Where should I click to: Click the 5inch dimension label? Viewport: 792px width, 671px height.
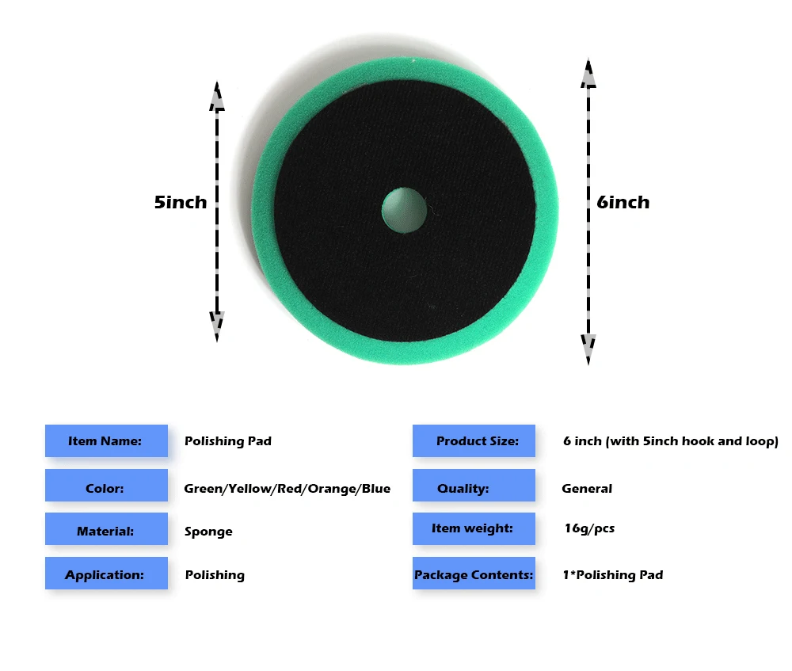(x=181, y=202)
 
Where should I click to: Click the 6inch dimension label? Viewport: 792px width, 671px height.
(x=623, y=202)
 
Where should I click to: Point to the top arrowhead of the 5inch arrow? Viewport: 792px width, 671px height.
(x=217, y=97)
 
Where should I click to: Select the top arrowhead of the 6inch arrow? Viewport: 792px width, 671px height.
(x=588, y=74)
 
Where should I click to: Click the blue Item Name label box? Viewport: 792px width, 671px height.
(x=106, y=440)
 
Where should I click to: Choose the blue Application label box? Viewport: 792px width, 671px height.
(x=106, y=574)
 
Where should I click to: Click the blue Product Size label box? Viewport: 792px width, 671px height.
(x=474, y=440)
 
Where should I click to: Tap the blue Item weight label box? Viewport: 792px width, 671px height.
(x=474, y=528)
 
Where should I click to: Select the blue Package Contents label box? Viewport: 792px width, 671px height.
(x=474, y=574)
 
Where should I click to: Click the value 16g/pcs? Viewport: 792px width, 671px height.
(x=588, y=528)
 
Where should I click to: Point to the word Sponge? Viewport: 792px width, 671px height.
(x=208, y=532)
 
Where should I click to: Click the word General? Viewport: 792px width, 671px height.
(x=587, y=489)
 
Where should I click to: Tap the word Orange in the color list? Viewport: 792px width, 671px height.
(x=332, y=489)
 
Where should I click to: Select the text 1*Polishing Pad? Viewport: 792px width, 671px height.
(x=612, y=575)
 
